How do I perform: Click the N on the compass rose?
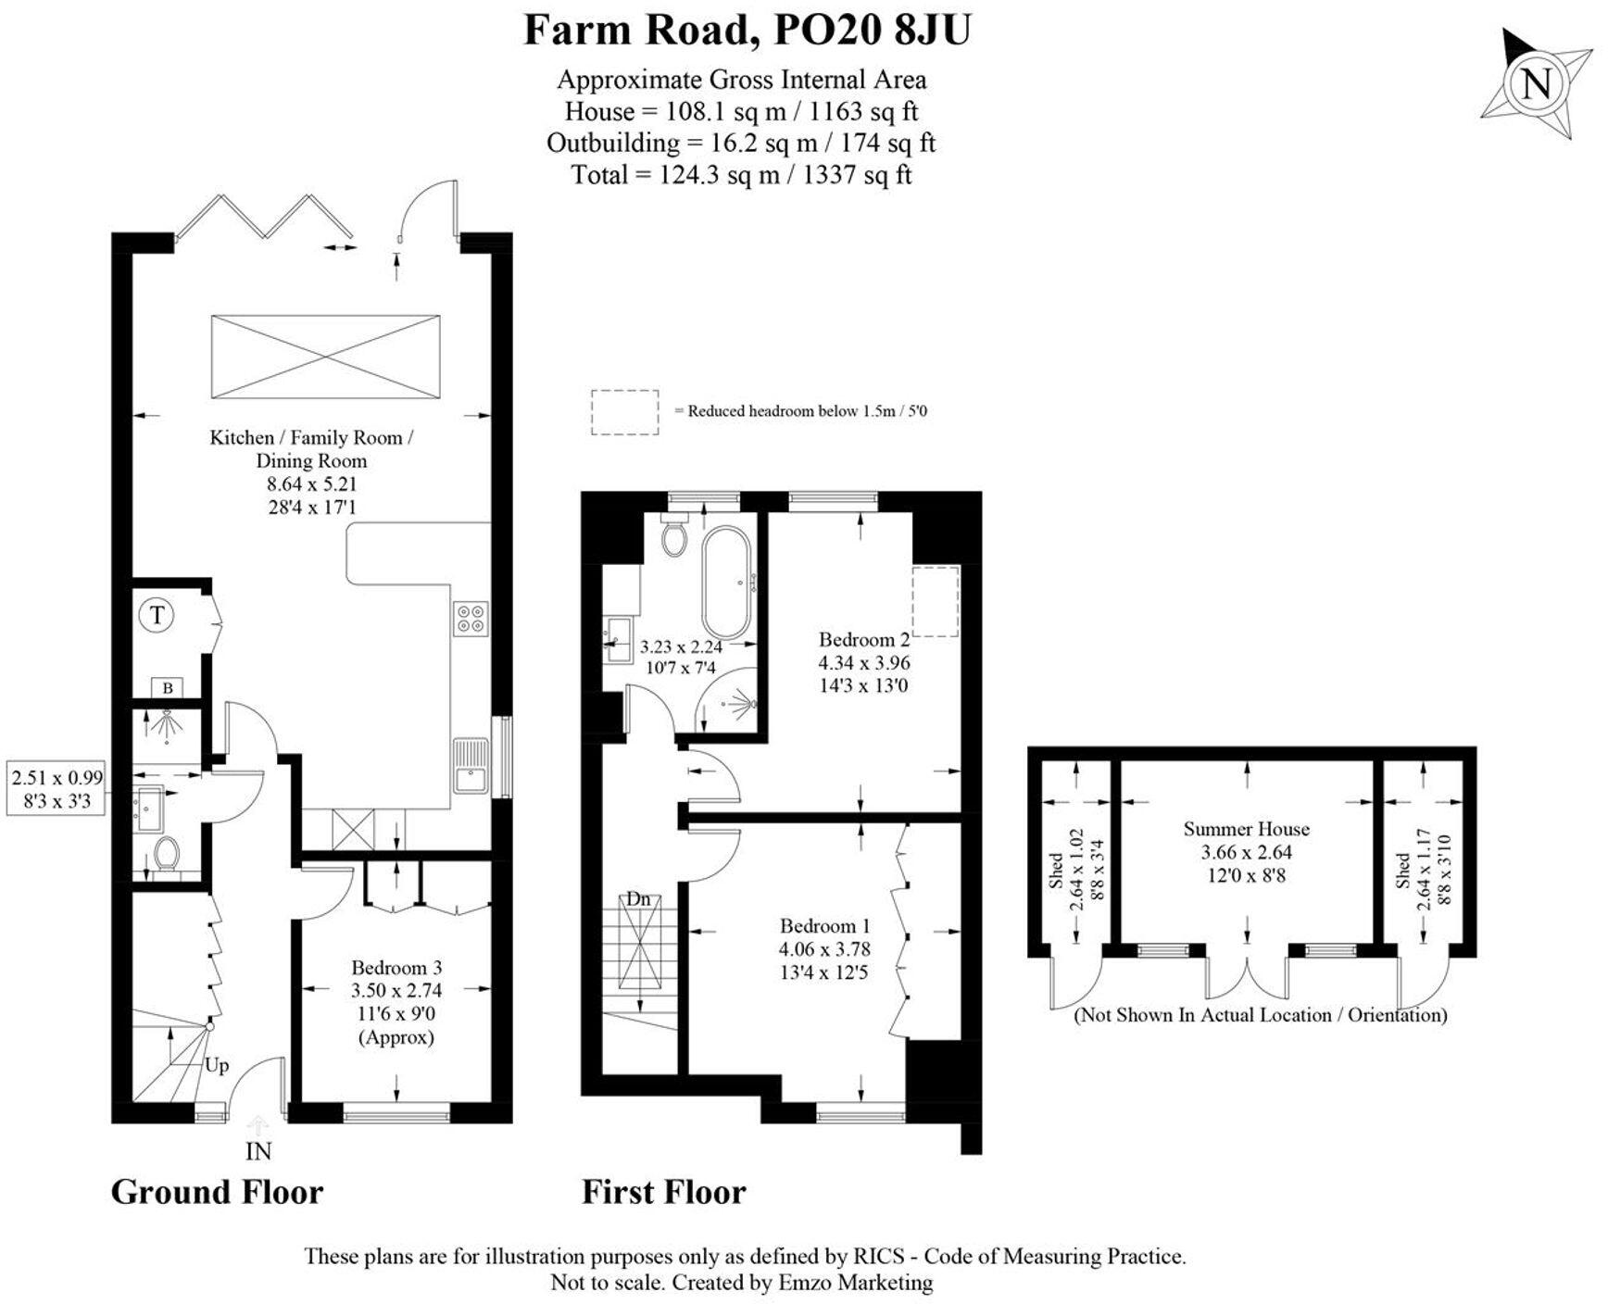tap(1537, 85)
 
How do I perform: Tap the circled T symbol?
tap(157, 615)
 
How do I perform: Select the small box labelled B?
tap(168, 687)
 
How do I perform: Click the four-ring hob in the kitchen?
tap(471, 618)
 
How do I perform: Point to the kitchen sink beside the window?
tap(471, 765)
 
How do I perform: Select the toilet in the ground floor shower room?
tap(167, 853)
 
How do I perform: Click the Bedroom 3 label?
tap(396, 968)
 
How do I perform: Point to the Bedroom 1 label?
tap(824, 926)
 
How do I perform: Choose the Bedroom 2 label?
tap(863, 639)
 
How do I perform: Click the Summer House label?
tap(1246, 829)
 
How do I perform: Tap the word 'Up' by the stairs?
tap(217, 1065)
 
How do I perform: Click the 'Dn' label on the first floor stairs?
tap(638, 898)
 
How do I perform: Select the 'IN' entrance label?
tap(258, 1151)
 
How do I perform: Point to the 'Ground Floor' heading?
tap(217, 1192)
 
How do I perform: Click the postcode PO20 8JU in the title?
tap(872, 30)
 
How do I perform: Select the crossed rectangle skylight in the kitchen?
tap(325, 357)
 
